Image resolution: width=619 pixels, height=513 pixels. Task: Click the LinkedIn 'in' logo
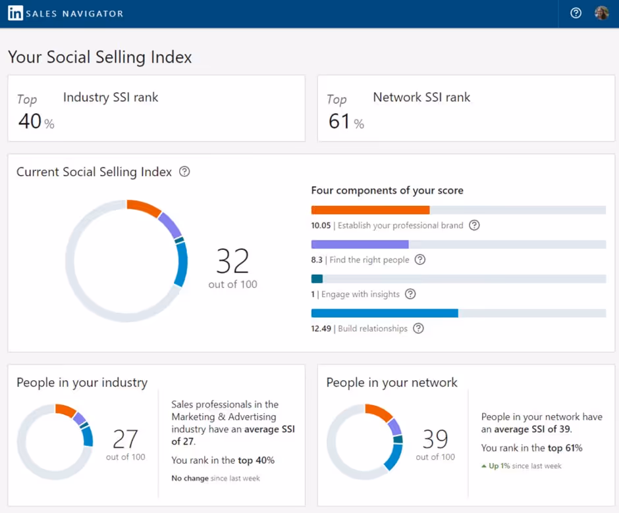[x=15, y=13]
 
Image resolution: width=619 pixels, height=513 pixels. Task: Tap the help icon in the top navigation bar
[x=576, y=13]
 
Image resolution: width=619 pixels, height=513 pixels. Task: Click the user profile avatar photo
[x=602, y=13]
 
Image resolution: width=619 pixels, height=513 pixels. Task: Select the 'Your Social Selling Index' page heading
[x=100, y=57]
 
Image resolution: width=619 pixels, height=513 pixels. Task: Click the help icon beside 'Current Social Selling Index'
[x=184, y=172]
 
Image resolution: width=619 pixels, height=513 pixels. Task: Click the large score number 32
[x=232, y=262]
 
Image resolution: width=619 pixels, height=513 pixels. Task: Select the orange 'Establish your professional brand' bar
[x=370, y=210]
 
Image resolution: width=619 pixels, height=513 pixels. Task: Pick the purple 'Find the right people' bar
[x=360, y=244]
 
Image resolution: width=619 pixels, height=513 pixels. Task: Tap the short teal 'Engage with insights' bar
[x=317, y=279]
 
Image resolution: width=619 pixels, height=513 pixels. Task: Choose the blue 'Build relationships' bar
[x=384, y=313]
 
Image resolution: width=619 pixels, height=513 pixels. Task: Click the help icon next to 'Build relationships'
[x=418, y=328]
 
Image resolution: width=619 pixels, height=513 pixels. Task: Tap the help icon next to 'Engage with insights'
[x=410, y=294]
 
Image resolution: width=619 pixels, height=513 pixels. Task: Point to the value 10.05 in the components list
[x=321, y=226]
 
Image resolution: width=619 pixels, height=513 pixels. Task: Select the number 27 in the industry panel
[x=125, y=439]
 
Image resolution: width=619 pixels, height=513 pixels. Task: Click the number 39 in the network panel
[x=435, y=439]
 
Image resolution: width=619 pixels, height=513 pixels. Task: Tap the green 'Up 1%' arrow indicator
[x=484, y=466]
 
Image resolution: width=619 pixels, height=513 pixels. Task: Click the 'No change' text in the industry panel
[x=190, y=478]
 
